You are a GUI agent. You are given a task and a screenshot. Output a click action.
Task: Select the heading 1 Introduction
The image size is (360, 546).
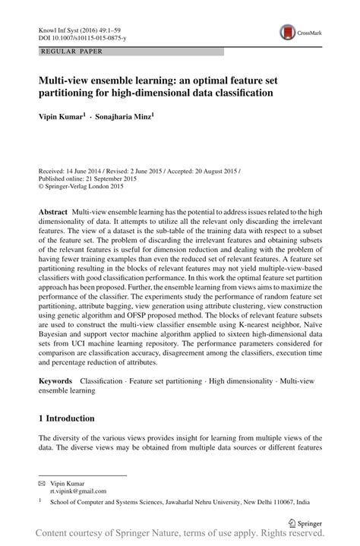[x=66, y=418]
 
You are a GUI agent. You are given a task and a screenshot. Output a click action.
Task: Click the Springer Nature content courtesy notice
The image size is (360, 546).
[x=180, y=536]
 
